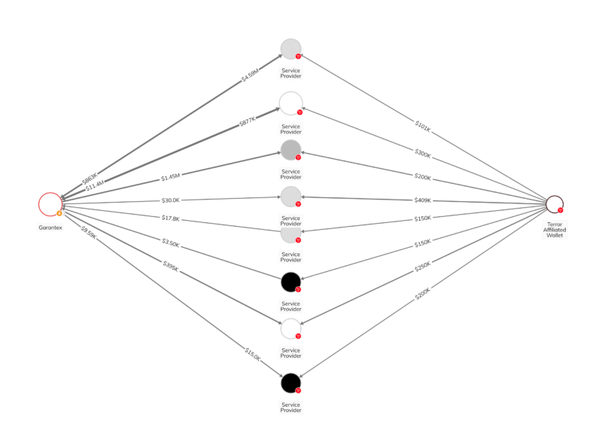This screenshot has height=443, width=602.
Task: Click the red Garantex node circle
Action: (x=50, y=203)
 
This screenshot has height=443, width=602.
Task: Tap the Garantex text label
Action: (x=50, y=226)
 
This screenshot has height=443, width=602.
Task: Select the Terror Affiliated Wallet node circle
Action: (x=555, y=204)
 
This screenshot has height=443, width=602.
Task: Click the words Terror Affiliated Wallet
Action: (x=555, y=229)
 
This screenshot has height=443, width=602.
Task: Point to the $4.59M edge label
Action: (x=250, y=76)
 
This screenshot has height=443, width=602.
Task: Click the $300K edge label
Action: (x=423, y=154)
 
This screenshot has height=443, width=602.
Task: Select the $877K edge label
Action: (x=248, y=121)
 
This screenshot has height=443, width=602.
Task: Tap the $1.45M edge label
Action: (x=171, y=178)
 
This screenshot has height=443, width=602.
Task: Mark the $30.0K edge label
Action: (x=171, y=200)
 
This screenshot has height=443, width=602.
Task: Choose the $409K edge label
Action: (x=423, y=200)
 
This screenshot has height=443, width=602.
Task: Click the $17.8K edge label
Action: (x=171, y=218)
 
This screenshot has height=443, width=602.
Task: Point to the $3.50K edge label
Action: (x=171, y=243)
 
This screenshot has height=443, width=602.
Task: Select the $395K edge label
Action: (x=171, y=265)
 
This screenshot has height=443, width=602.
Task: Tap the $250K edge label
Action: (x=423, y=267)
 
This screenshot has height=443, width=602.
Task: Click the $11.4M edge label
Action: (x=95, y=185)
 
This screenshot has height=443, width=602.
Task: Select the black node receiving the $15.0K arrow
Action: (x=290, y=383)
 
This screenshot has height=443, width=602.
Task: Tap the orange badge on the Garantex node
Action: (x=59, y=213)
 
